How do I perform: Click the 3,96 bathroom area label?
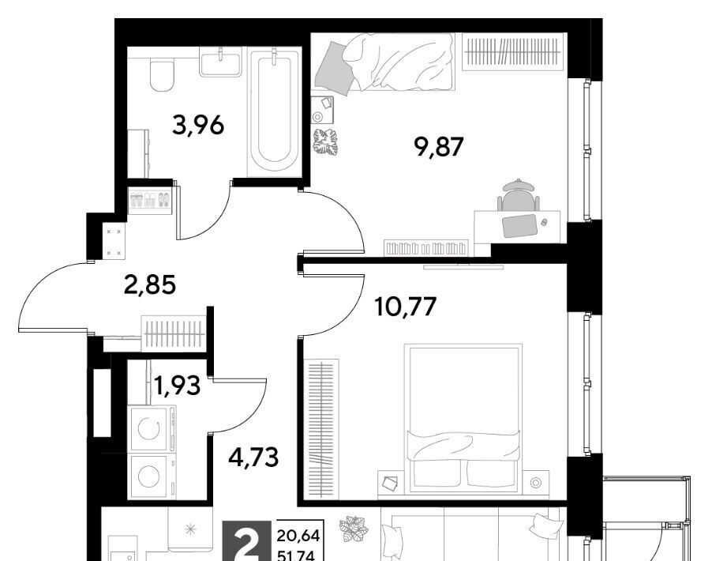pos(198,125)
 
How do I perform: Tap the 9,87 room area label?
pos(439,147)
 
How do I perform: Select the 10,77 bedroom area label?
pos(406,306)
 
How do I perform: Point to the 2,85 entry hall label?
pos(150,285)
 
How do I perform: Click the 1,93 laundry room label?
pos(177,386)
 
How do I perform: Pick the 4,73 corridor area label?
pos(253,457)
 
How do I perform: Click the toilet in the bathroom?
pos(162,76)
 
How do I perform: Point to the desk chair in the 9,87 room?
pos(518,194)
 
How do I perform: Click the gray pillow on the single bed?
pos(335,68)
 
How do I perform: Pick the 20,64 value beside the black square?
pos(298,536)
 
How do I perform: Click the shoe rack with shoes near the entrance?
pos(150,201)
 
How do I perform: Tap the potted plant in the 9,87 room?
pos(325,142)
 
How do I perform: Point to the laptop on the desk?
pos(519,225)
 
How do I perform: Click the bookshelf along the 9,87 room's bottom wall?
pos(426,248)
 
